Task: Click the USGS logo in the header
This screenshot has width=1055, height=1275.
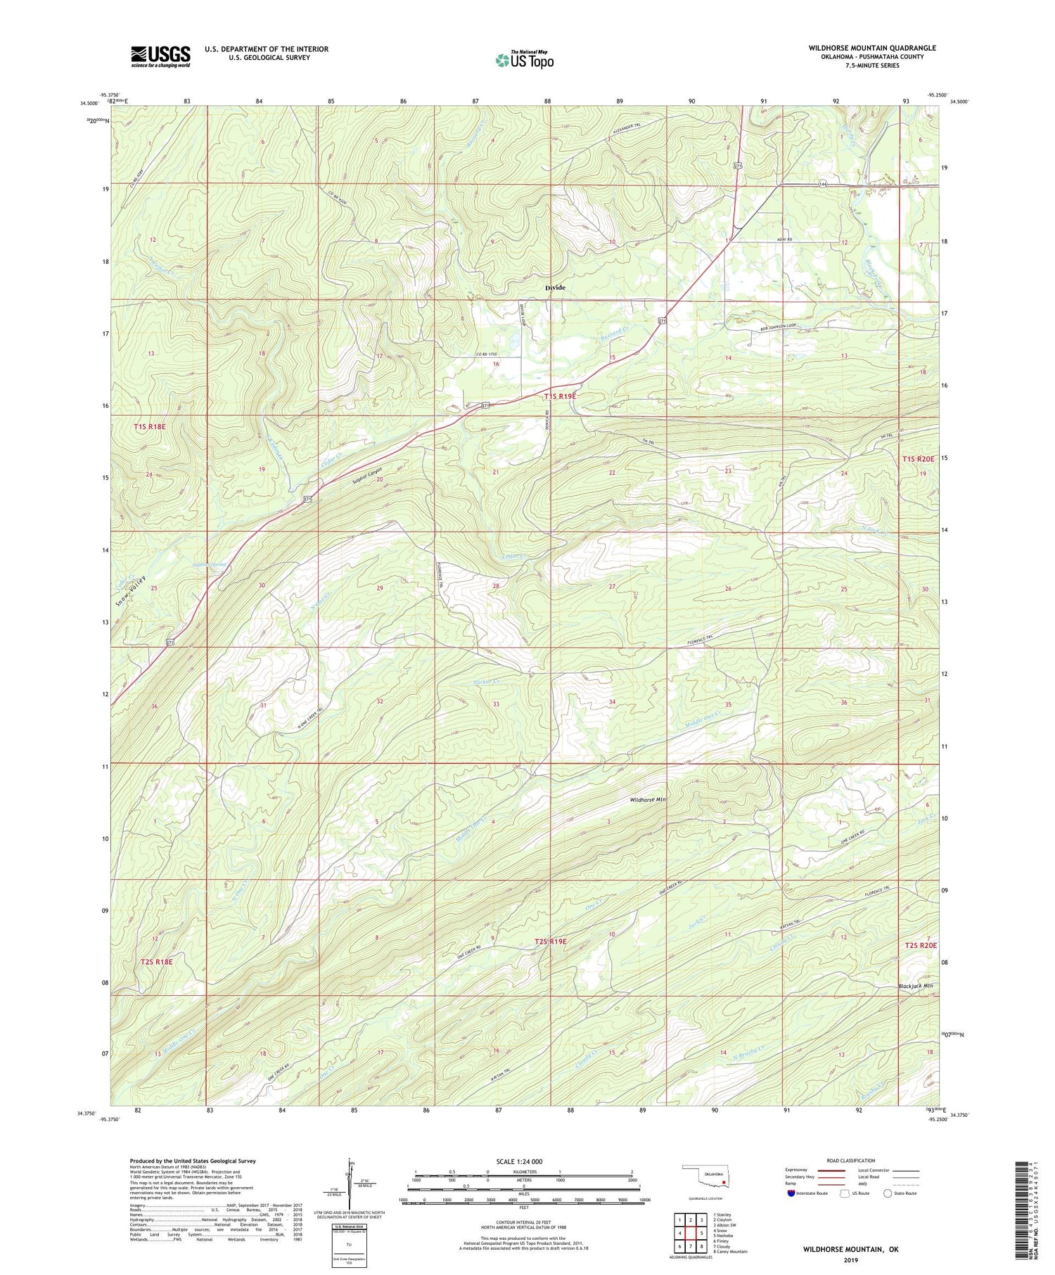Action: pos(160,56)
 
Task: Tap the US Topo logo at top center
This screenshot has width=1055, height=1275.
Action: pos(524,60)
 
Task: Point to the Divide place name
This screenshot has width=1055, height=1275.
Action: pos(556,288)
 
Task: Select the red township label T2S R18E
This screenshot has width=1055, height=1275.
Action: pos(156,961)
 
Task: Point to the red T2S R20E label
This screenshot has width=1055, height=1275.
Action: pos(919,947)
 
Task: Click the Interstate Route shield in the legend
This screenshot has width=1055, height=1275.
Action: pos(792,1193)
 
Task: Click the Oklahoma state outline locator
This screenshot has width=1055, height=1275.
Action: pos(706,1178)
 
